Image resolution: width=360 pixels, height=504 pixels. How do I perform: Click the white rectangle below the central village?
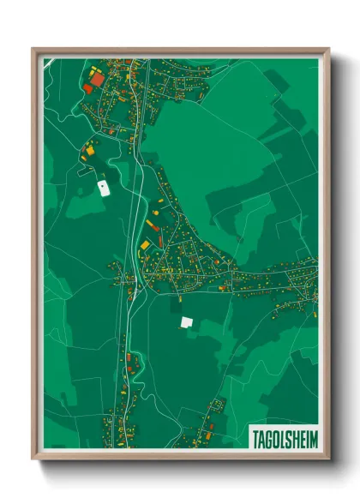tap(186, 322)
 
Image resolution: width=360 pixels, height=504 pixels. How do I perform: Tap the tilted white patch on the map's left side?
tap(103, 187)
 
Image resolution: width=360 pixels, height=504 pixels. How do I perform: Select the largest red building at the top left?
tap(97, 79)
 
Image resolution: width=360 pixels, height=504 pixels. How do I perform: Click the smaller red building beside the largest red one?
tap(87, 88)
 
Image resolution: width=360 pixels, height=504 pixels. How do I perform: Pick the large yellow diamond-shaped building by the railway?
tap(144, 245)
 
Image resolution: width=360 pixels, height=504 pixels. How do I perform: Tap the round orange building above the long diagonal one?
tap(157, 203)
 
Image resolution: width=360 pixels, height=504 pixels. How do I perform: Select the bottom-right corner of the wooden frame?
tap(328, 459)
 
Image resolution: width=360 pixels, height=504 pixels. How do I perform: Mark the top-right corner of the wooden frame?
tap(328, 50)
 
